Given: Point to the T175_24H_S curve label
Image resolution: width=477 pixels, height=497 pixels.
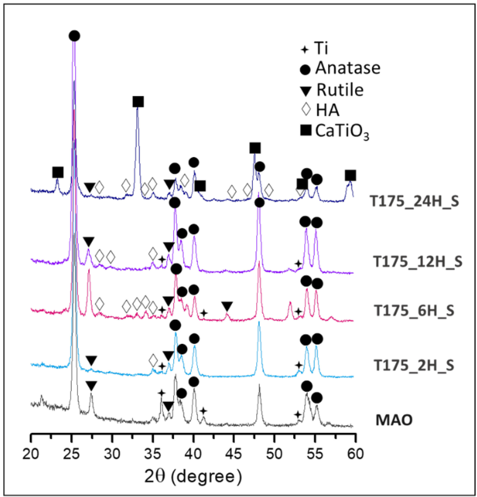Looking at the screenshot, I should click(414, 202).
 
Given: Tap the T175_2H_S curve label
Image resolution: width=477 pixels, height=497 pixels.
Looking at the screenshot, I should click(414, 365).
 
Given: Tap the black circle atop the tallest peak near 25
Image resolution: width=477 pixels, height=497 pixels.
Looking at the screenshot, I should click(74, 36).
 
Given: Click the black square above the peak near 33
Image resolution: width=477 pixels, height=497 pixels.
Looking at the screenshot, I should click(138, 102).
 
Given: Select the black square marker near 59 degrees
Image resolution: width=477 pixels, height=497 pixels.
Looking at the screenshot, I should click(350, 175).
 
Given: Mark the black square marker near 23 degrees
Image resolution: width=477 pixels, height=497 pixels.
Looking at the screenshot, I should click(58, 172).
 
